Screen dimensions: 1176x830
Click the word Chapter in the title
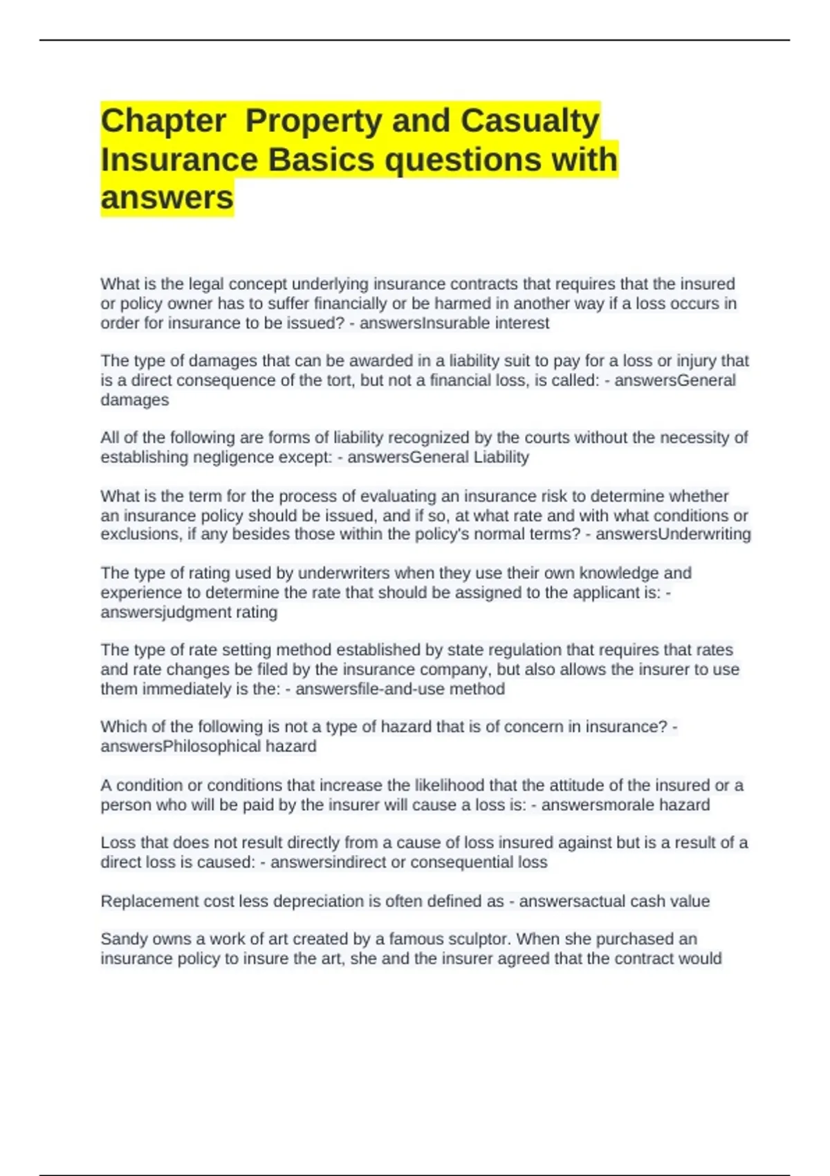(163, 121)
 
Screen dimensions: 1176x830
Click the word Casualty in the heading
(530, 121)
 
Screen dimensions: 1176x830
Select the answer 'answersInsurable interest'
(454, 323)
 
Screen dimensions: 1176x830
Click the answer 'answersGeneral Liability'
(438, 457)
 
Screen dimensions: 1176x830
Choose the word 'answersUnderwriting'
(673, 534)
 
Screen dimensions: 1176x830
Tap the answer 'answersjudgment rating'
(189, 612)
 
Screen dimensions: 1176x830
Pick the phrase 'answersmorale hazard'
(625, 805)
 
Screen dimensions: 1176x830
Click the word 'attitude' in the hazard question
(579, 786)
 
